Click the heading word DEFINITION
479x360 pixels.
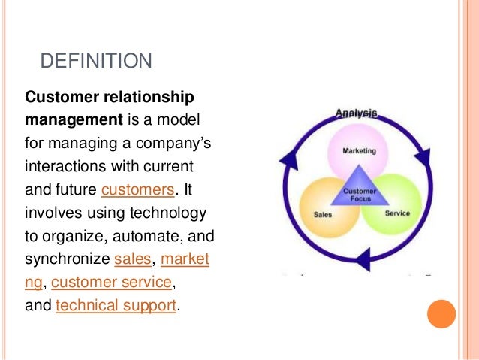pyautogui.click(x=95, y=61)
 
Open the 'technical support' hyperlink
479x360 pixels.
pyautogui.click(x=116, y=306)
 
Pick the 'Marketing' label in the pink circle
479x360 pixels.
pyautogui.click(x=360, y=150)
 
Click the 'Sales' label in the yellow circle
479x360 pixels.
pyautogui.click(x=323, y=214)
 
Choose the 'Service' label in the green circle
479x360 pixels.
pyautogui.click(x=397, y=213)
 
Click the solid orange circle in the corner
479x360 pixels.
pyautogui.click(x=441, y=314)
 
